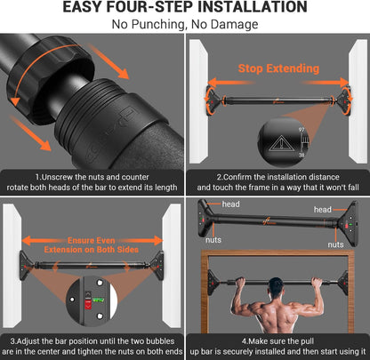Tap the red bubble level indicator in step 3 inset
click(87, 300)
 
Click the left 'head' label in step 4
click(230, 204)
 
